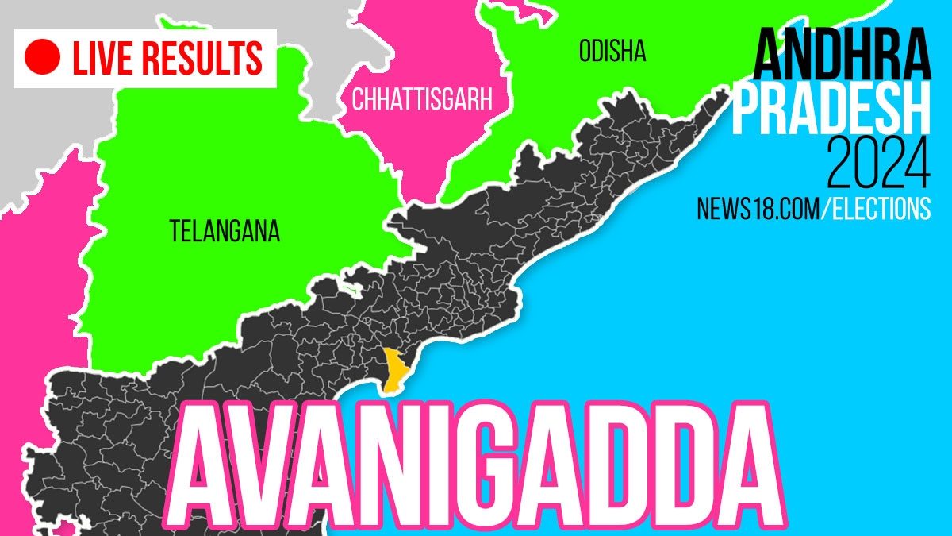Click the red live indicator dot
coord(44,58)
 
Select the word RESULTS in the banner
coord(207,58)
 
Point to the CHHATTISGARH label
coord(422,100)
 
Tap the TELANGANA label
coord(225,231)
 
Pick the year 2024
coord(878,164)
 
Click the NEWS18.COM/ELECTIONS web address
coord(813,209)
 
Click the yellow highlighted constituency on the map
coord(392,369)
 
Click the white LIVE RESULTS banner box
coord(145,58)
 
